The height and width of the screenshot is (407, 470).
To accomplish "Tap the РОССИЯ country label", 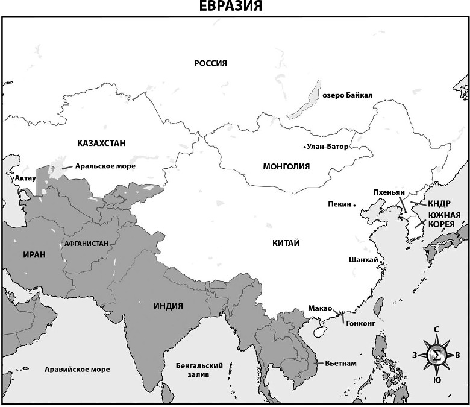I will (210, 63).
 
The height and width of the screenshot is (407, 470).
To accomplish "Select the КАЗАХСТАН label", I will (101, 143).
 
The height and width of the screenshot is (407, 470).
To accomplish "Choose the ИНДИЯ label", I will (168, 306).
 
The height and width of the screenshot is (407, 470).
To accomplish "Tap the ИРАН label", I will (34, 254).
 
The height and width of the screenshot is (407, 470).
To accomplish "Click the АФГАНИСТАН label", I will (87, 244).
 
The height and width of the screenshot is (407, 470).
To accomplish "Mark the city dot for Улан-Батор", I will (304, 147).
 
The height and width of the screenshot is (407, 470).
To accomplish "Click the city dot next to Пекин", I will (355, 205).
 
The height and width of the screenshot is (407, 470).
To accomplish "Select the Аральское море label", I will (107, 166).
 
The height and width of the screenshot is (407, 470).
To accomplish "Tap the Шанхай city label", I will (363, 260).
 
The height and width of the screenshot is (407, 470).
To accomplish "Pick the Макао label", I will (320, 308).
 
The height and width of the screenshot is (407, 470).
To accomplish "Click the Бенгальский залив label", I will (199, 370).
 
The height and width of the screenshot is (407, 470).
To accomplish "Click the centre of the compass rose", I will (436, 355).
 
